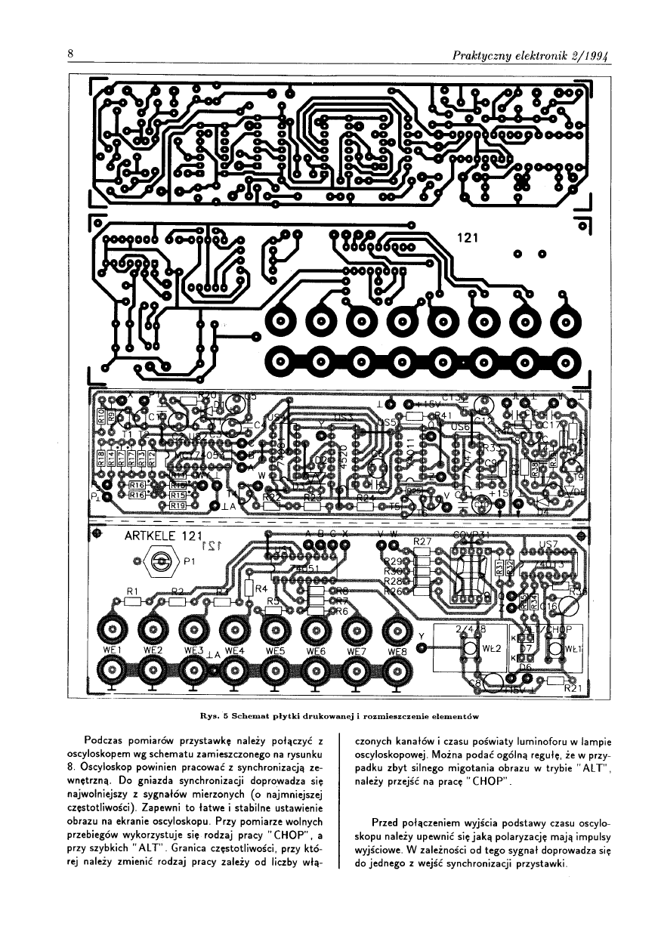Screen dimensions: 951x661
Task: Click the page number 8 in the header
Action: [69, 54]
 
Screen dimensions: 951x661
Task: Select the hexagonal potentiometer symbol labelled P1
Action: [160, 561]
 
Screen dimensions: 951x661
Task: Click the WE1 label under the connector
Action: [111, 650]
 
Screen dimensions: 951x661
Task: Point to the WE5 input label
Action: [274, 650]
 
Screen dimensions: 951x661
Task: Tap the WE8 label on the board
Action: [397, 650]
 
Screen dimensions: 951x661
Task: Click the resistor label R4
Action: [262, 588]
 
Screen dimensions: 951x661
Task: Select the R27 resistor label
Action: [422, 542]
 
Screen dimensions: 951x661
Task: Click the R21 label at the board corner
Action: [576, 688]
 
